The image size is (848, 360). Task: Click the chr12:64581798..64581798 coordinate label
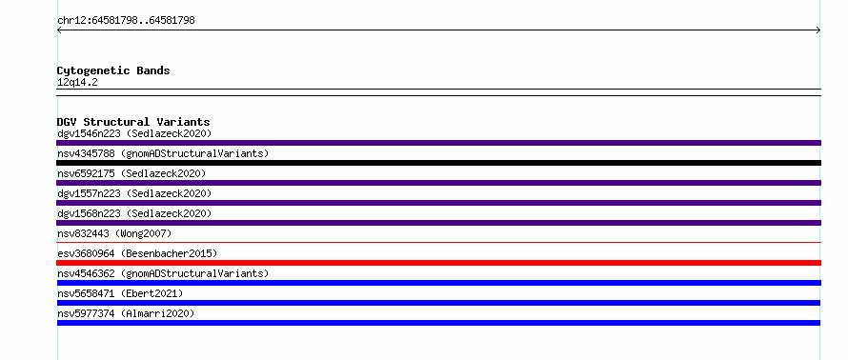click(126, 21)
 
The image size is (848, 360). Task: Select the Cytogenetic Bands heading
click(113, 70)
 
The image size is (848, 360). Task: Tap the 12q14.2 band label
click(77, 83)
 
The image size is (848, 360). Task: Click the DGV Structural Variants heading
click(133, 122)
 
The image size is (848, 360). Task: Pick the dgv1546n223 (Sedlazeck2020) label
click(134, 133)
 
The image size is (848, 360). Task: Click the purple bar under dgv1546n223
click(438, 143)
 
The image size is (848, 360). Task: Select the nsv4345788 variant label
click(163, 153)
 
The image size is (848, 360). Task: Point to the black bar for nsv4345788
click(438, 163)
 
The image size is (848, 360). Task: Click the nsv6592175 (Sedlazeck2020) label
click(131, 173)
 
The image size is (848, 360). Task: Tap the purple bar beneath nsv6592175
click(438, 183)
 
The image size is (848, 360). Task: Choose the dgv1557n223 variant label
click(134, 193)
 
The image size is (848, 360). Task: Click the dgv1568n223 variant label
click(134, 213)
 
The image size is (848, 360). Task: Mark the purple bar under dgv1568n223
click(438, 223)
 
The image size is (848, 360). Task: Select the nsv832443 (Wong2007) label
click(114, 233)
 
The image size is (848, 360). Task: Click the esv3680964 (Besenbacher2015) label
click(137, 253)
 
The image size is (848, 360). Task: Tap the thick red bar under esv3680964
click(438, 263)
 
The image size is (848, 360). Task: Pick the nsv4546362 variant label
click(163, 273)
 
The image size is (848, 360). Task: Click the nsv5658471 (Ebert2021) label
click(120, 293)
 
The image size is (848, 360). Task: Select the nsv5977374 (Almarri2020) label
click(126, 313)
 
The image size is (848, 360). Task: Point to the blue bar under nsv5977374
click(438, 323)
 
